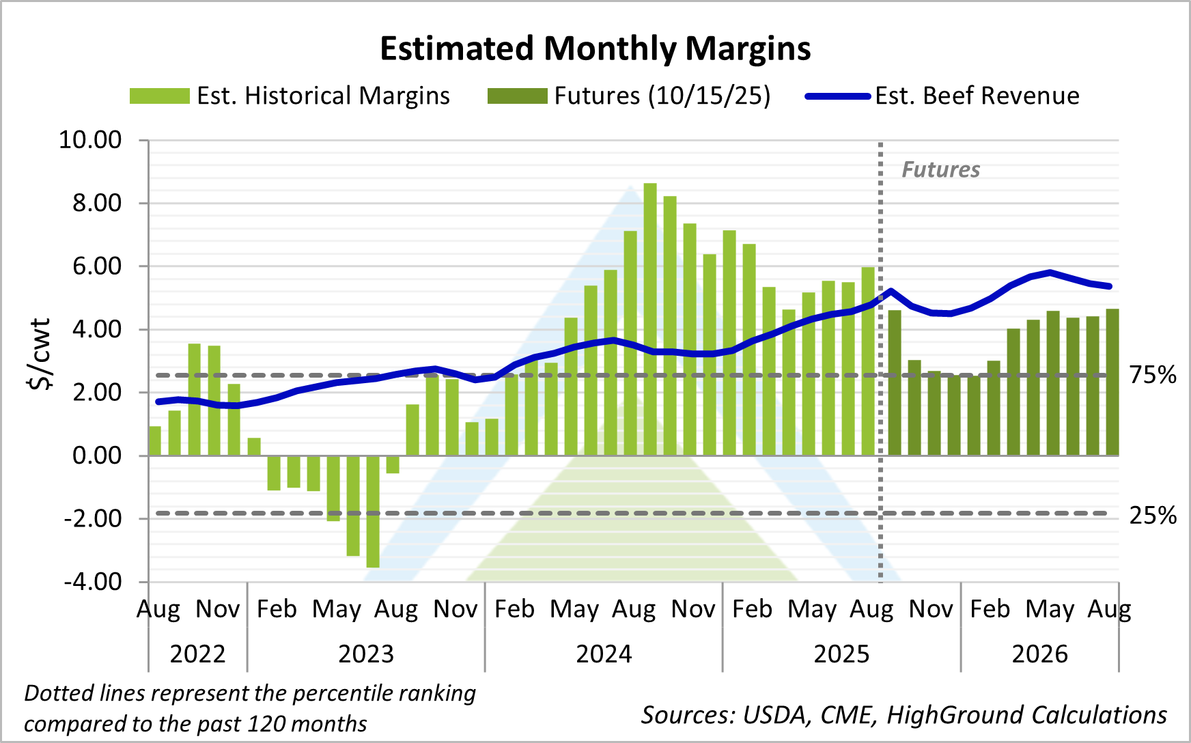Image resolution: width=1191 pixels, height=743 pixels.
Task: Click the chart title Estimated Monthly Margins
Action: [595, 49]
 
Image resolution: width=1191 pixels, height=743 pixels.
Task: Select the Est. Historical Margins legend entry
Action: [290, 96]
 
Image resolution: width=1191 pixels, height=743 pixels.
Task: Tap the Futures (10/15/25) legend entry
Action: [629, 96]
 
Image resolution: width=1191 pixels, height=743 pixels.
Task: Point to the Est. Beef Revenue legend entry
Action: [942, 96]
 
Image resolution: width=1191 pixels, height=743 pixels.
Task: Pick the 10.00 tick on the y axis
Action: [90, 140]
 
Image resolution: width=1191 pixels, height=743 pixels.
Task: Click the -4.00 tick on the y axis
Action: [93, 583]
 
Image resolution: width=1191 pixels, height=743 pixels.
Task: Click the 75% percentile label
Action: [1152, 376]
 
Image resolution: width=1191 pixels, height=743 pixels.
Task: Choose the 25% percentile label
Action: [1152, 516]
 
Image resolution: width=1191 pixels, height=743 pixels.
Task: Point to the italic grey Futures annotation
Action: [940, 170]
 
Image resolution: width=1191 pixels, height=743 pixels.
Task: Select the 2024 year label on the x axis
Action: [604, 654]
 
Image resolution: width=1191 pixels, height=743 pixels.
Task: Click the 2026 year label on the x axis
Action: [1039, 654]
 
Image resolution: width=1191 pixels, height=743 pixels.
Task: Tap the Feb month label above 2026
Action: [990, 608]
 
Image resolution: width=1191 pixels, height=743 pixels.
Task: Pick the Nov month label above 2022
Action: [218, 608]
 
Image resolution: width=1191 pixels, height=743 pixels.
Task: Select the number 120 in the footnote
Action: [268, 723]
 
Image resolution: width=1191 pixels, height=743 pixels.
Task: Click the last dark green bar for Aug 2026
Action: [1111, 382]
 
